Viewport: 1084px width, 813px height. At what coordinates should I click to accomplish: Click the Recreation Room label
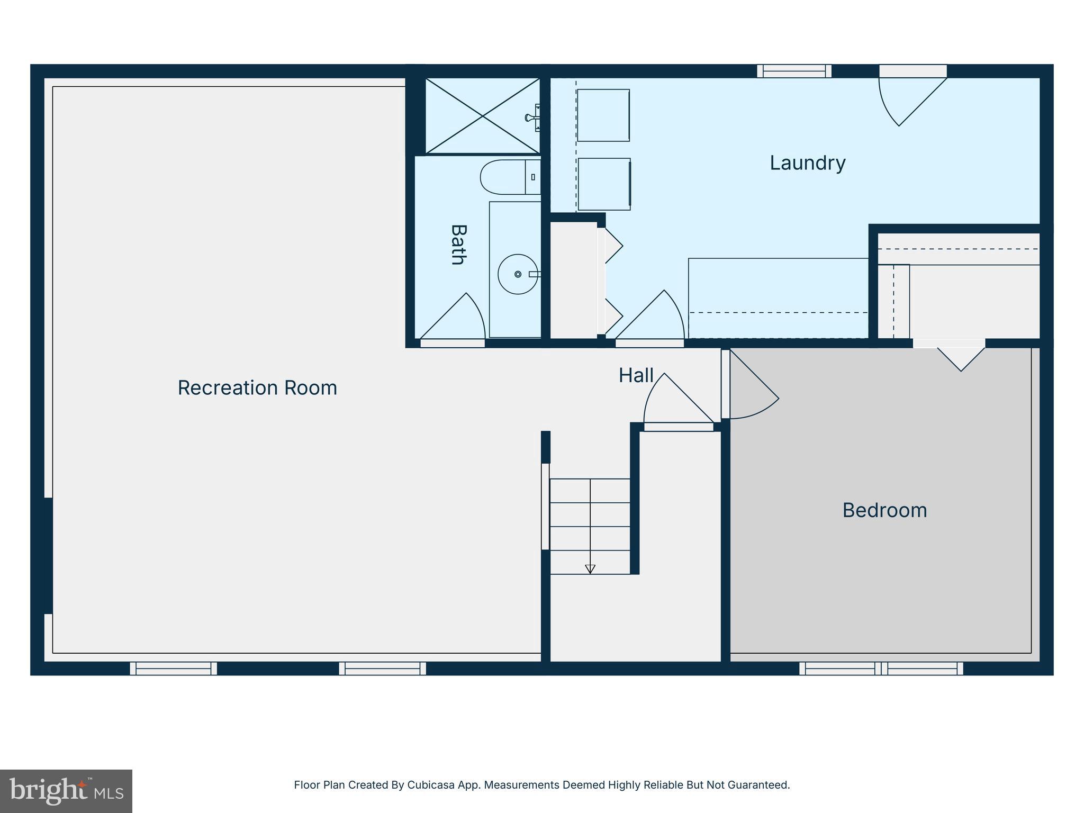tap(257, 388)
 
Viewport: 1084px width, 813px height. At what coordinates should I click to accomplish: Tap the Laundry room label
tap(807, 163)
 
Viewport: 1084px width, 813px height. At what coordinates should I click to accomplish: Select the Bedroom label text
tap(884, 510)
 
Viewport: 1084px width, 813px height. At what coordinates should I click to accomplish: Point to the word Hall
tap(636, 376)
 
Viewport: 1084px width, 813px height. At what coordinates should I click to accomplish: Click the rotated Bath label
tap(458, 245)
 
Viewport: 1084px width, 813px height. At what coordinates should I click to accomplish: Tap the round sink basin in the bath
tap(517, 274)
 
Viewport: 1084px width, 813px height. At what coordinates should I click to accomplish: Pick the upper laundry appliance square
tap(603, 115)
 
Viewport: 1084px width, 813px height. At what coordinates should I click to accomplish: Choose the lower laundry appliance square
tap(604, 184)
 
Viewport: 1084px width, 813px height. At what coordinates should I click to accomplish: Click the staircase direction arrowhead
tap(590, 569)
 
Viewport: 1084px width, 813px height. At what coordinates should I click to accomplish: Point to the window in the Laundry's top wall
tap(794, 71)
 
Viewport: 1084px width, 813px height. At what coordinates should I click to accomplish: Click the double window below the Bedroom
tap(881, 669)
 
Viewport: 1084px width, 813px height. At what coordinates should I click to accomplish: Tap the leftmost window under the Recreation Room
tap(173, 669)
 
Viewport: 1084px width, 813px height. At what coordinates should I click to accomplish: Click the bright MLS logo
tap(66, 791)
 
